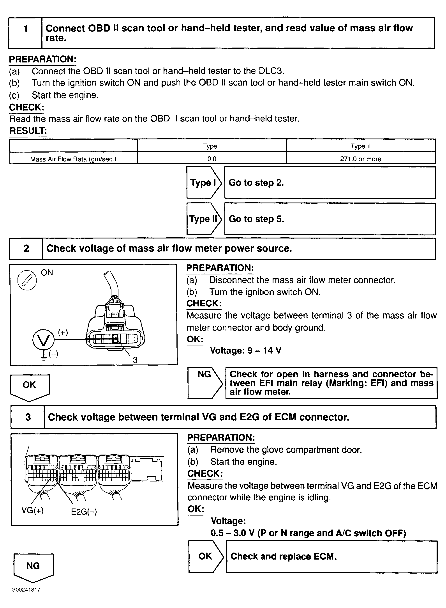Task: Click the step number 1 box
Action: click(25, 33)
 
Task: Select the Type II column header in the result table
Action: click(361, 146)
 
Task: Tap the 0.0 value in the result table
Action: click(212, 159)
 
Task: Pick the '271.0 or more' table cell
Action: click(361, 159)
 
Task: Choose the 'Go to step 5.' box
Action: click(330, 219)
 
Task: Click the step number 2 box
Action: click(26, 249)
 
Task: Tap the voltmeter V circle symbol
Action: click(43, 340)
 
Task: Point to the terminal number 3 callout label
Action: click(135, 360)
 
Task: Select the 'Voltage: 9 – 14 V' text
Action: click(246, 350)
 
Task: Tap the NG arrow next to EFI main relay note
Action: click(205, 383)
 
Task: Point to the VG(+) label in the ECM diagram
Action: click(32, 510)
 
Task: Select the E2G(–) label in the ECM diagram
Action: click(84, 512)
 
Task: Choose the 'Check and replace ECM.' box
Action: click(331, 556)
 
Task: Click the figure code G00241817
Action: click(26, 590)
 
